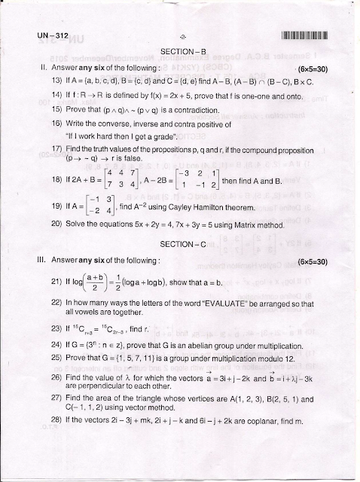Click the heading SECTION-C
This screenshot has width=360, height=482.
pyautogui.click(x=181, y=224)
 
